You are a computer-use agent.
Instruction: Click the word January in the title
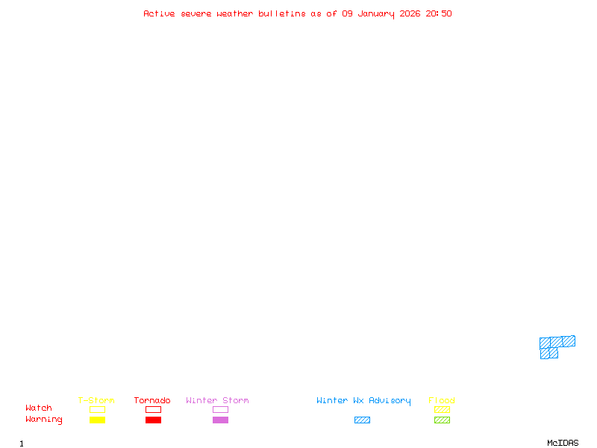tap(376, 14)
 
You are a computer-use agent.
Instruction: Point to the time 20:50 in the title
tap(439, 13)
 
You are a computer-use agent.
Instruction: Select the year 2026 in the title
tap(410, 13)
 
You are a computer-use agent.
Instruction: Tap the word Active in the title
tap(159, 13)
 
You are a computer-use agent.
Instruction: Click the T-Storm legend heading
tap(96, 400)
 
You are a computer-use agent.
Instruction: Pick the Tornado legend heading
tap(152, 400)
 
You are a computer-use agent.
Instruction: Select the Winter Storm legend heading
tap(217, 400)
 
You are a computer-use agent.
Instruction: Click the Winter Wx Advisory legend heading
tap(363, 401)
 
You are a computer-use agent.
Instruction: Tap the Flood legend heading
tap(442, 400)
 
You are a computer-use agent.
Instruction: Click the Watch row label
tap(39, 408)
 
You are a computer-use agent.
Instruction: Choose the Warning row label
tap(44, 420)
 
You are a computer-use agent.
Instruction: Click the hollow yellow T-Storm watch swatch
tap(98, 409)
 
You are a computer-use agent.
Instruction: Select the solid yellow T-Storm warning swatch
tap(98, 420)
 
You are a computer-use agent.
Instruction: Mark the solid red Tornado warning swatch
tap(154, 420)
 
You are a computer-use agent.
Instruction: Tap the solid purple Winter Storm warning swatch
tap(220, 420)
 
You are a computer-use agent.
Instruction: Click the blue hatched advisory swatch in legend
tap(362, 420)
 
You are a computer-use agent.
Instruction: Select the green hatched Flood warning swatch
tap(442, 420)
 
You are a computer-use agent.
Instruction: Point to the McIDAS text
tap(563, 443)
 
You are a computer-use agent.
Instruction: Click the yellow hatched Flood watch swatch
tap(442, 409)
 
